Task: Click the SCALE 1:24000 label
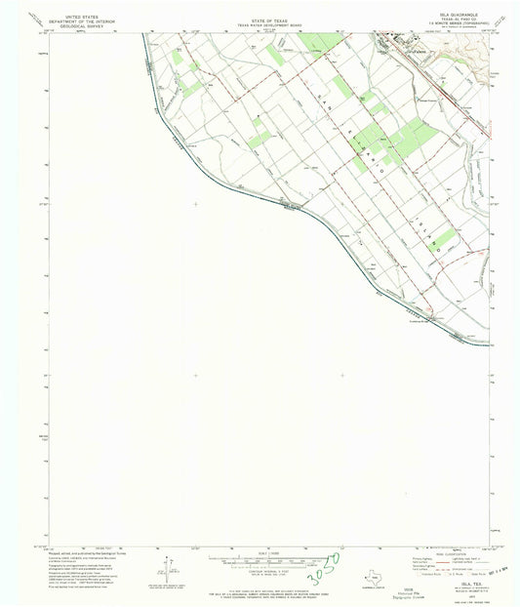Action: point(259,551)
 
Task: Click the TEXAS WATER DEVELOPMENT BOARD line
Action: point(259,22)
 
